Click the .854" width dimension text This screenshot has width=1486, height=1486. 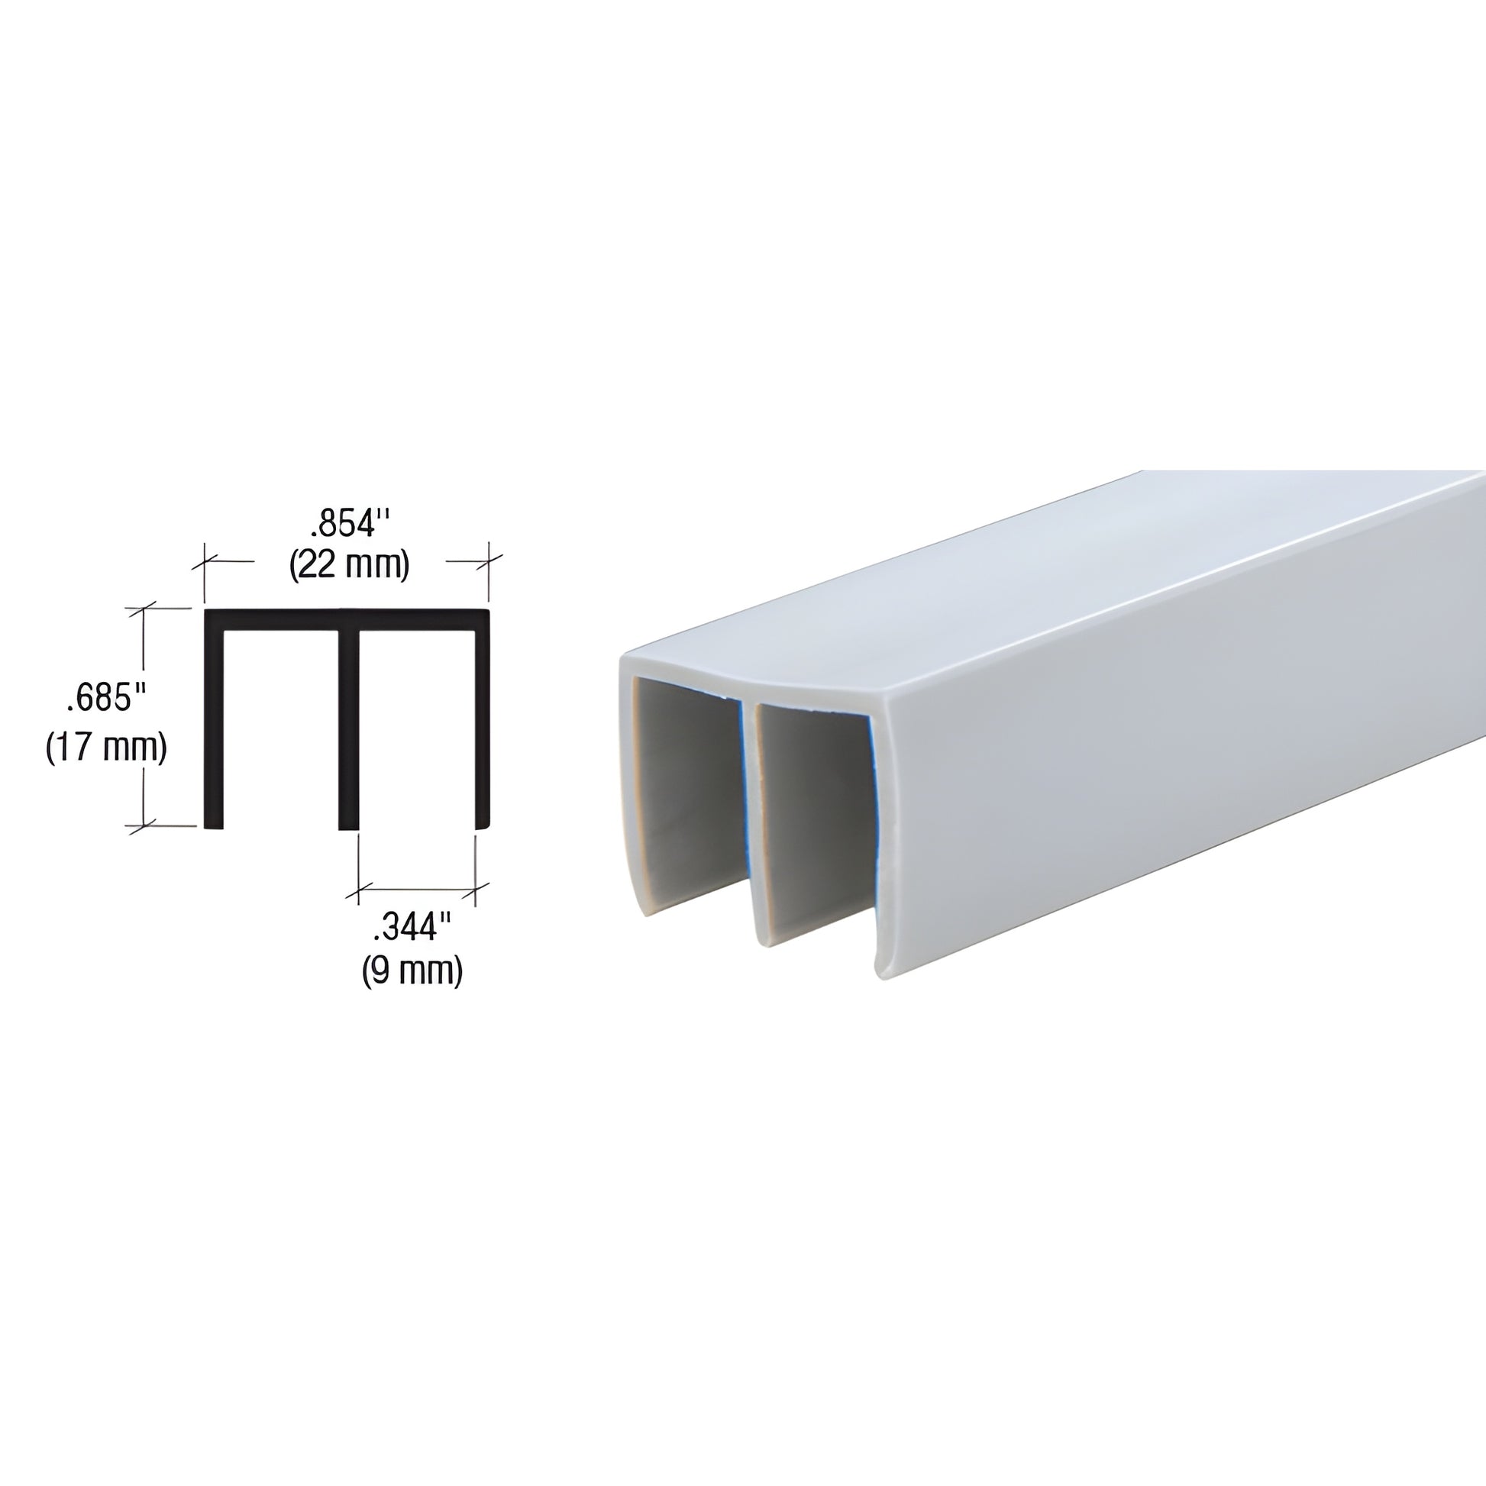tap(351, 525)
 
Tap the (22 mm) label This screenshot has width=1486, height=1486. tap(349, 565)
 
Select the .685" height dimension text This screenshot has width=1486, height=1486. tap(106, 699)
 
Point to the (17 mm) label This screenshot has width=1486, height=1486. tap(106, 747)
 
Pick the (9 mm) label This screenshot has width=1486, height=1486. tap(412, 970)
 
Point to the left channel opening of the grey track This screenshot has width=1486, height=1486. tap(684, 792)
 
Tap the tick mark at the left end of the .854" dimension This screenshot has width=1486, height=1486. tap(205, 562)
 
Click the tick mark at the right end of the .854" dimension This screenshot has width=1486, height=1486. tap(489, 560)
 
